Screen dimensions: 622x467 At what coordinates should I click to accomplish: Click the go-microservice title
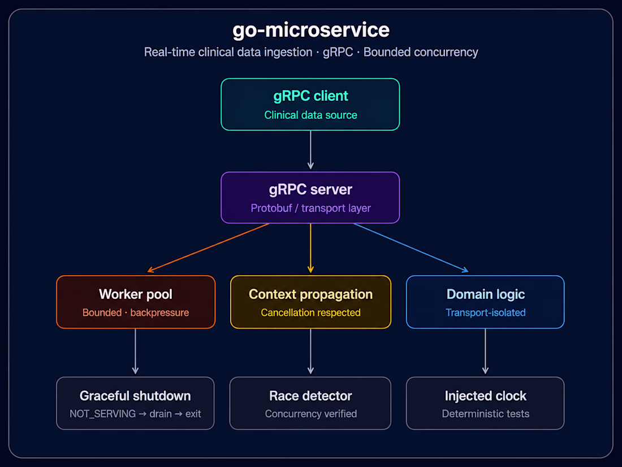pos(310,31)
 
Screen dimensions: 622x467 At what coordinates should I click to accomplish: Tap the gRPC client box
pos(310,105)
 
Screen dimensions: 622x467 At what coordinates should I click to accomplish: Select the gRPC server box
pos(310,198)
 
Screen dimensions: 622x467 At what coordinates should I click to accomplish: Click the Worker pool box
pos(136,302)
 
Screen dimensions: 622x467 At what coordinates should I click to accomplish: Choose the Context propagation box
pos(310,302)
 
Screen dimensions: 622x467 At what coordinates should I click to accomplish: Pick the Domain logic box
pos(485,302)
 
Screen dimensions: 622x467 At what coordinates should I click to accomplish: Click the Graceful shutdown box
pos(135,403)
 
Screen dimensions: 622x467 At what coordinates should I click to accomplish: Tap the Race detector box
pos(310,403)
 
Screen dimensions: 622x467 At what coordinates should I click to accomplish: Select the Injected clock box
pos(485,403)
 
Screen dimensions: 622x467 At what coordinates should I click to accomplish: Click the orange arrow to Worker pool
pos(208,248)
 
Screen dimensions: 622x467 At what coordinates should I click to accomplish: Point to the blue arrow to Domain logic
pos(411,248)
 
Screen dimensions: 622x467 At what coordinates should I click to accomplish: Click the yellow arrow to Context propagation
pos(310,248)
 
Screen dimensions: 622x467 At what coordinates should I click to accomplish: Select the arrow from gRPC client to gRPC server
pos(310,150)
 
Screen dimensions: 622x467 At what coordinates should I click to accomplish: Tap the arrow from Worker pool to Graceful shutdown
pos(135,352)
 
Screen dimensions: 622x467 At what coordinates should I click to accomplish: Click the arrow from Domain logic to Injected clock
pos(485,352)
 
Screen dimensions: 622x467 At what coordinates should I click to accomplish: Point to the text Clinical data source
pos(310,115)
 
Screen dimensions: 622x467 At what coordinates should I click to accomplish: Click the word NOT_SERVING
pos(103,414)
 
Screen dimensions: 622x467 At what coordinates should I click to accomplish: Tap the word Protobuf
pos(271,208)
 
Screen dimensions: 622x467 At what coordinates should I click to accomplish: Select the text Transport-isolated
pos(486,312)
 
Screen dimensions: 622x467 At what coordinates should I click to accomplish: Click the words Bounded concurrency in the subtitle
pos(421,52)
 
